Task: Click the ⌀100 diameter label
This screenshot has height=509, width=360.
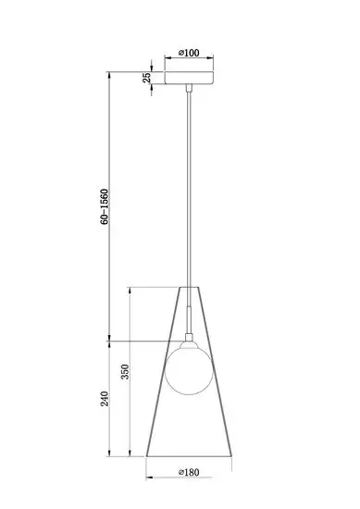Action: tap(189, 53)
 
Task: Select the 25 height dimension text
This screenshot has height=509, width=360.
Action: tap(147, 77)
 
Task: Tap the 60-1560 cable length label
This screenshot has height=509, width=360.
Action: tap(105, 206)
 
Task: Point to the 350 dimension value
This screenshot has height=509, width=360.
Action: tap(125, 372)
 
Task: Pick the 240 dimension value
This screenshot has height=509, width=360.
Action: tap(105, 399)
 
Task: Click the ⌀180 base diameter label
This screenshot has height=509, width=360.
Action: tap(189, 472)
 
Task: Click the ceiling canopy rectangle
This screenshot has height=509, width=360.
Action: tap(189, 78)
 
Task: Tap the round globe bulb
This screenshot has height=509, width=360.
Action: tap(189, 371)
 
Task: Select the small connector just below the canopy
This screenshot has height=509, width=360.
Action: tap(189, 88)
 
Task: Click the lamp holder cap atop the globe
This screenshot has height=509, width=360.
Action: tap(189, 344)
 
